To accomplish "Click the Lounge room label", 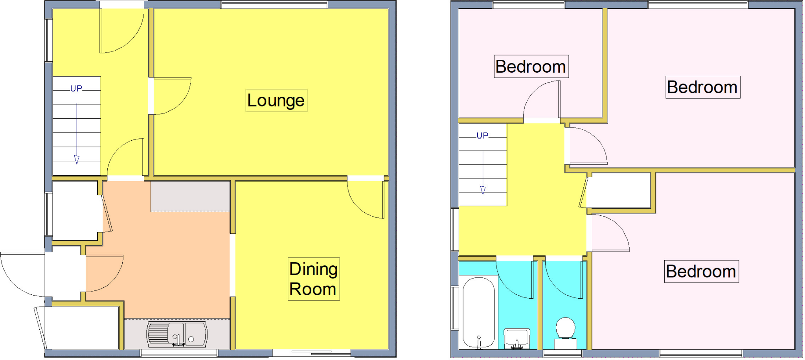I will coord(276,101).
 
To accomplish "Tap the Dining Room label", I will coord(313,279).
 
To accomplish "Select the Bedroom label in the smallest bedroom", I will coord(531,66).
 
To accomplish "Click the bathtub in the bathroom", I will coord(478,312).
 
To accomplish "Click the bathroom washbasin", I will coord(517,338).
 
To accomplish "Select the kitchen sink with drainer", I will coord(177,334).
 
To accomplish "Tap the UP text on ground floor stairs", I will coord(76,89).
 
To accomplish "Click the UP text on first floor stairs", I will coord(482,136).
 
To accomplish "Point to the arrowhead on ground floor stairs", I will coord(77,159).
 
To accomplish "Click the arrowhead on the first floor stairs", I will coord(483,190).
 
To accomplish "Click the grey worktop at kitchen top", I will coord(190,197).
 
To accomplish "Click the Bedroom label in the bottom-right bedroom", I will coord(701,272).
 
